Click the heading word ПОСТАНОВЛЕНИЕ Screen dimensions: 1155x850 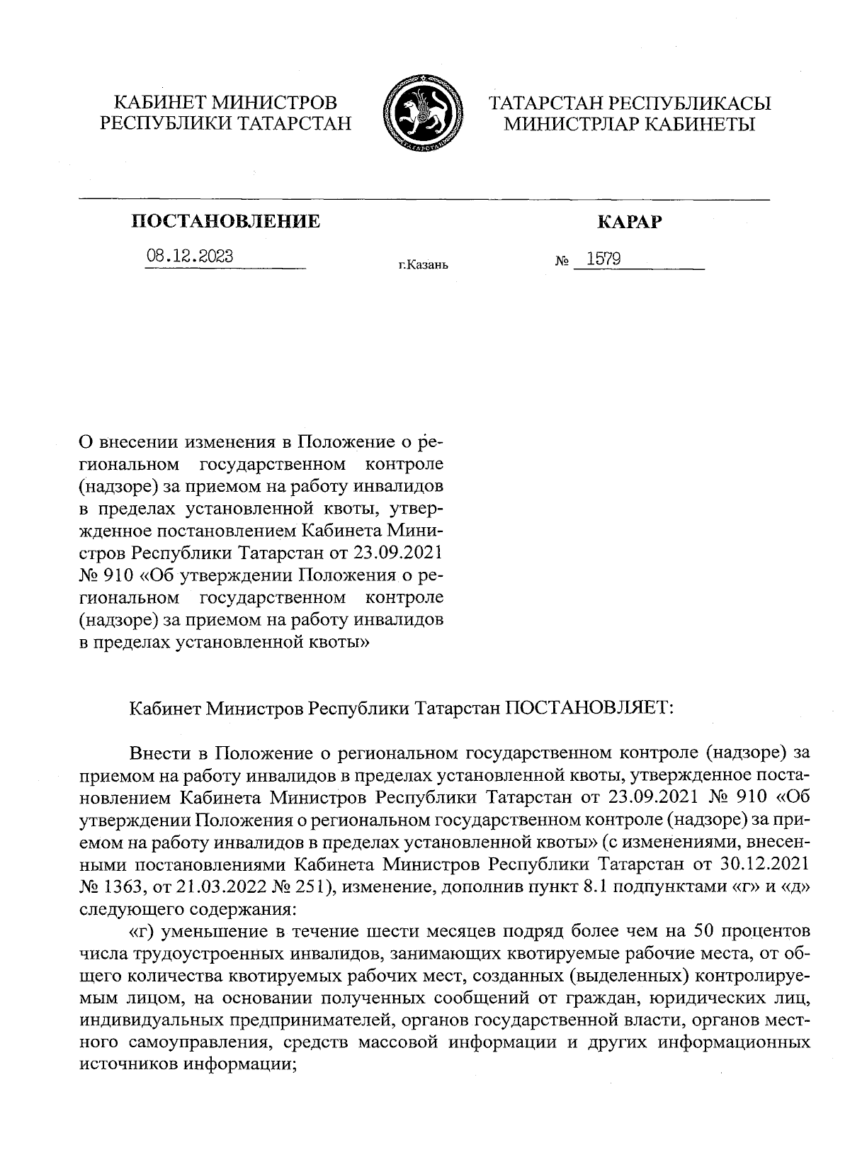tap(226, 222)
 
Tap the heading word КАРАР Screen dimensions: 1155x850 tap(630, 222)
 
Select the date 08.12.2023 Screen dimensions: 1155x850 tap(189, 256)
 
